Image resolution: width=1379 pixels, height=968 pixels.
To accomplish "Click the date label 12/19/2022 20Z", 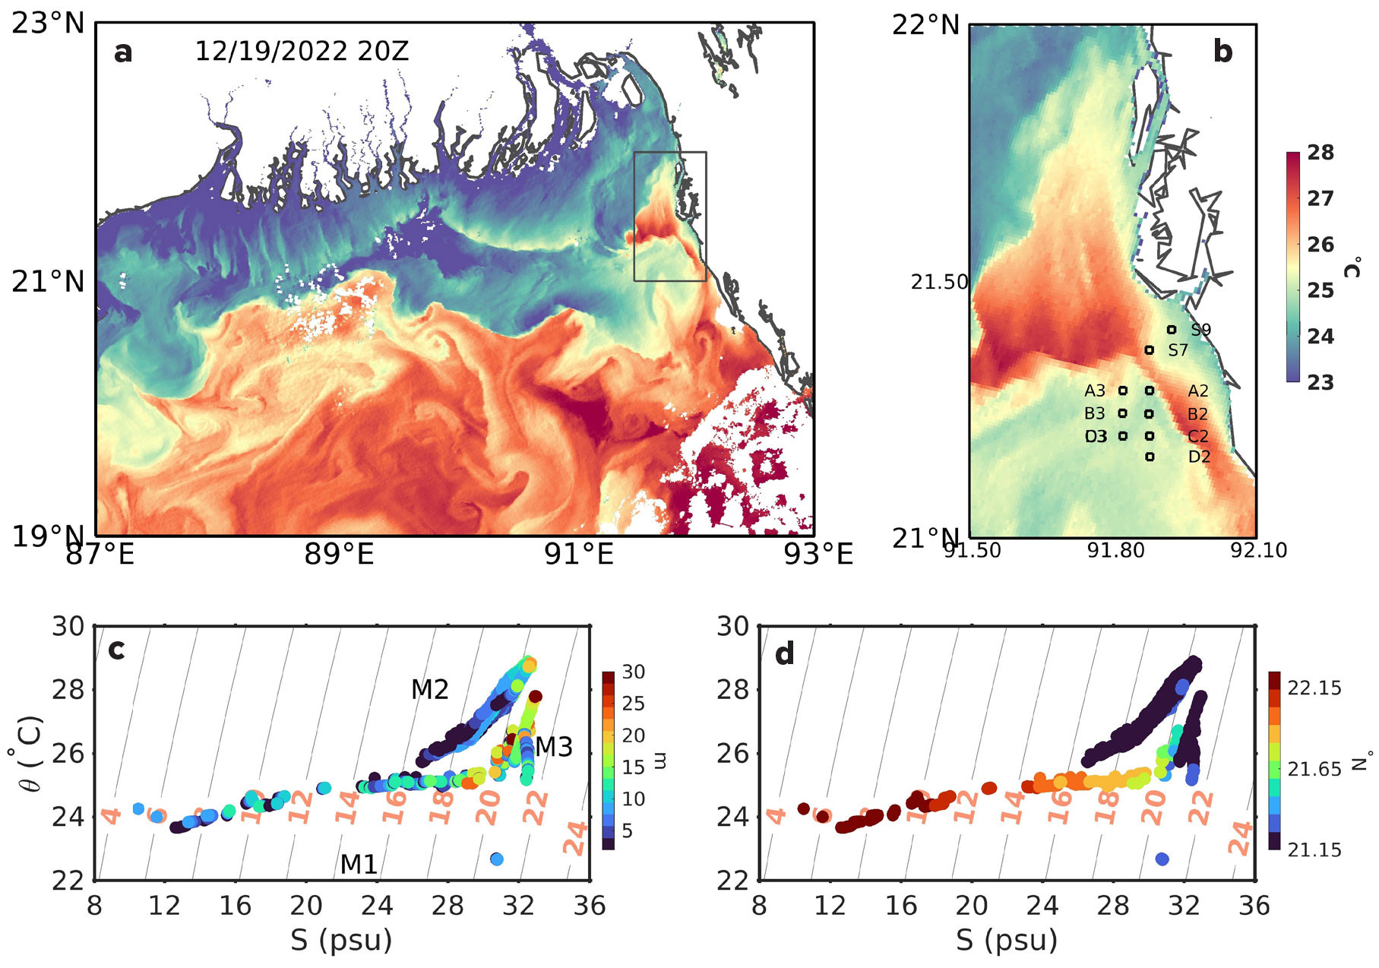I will [302, 52].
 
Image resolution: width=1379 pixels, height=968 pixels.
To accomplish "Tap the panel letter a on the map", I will [122, 52].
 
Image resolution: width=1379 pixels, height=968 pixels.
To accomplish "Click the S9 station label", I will [1200, 330].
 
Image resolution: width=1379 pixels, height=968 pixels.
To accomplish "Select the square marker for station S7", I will [1150, 350].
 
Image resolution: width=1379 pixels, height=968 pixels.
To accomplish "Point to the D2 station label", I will [1199, 457].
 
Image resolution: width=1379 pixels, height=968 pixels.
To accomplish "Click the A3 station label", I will [1095, 391].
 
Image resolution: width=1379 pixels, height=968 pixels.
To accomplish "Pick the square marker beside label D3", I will [1123, 436].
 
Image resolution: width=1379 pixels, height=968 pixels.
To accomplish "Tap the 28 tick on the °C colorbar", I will [1320, 153].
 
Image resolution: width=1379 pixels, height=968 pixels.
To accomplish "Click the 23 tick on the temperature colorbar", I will [1320, 382].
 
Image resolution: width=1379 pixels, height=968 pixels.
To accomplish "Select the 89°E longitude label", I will [339, 555].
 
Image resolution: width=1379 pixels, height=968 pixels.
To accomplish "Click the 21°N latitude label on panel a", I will [48, 282].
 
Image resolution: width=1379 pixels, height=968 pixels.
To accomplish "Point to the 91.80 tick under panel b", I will [1115, 550].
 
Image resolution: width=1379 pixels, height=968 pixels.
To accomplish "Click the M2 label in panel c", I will [429, 690].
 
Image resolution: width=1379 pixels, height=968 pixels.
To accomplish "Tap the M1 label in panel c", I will [359, 865].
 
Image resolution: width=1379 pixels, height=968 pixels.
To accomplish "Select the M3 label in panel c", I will [554, 748].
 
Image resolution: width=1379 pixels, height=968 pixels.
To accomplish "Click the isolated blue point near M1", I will [497, 859].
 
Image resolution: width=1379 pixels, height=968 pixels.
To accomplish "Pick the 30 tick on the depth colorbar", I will [633, 672].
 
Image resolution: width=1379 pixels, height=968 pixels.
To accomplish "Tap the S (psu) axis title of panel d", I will [1007, 941].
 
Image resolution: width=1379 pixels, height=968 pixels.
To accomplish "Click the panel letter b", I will [1222, 52].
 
